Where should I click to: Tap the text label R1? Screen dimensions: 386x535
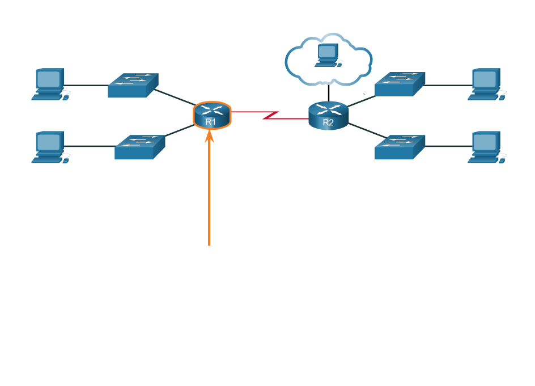tap(211, 122)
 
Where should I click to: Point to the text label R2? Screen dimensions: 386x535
tap(328, 122)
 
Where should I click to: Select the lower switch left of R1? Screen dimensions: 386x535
tap(139, 147)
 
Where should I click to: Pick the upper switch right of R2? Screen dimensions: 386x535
tap(400, 84)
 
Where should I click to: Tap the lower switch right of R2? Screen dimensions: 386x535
tap(400, 147)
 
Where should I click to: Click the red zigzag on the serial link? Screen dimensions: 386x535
tap(271, 115)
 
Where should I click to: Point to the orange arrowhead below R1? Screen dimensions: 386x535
tap(210, 136)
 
